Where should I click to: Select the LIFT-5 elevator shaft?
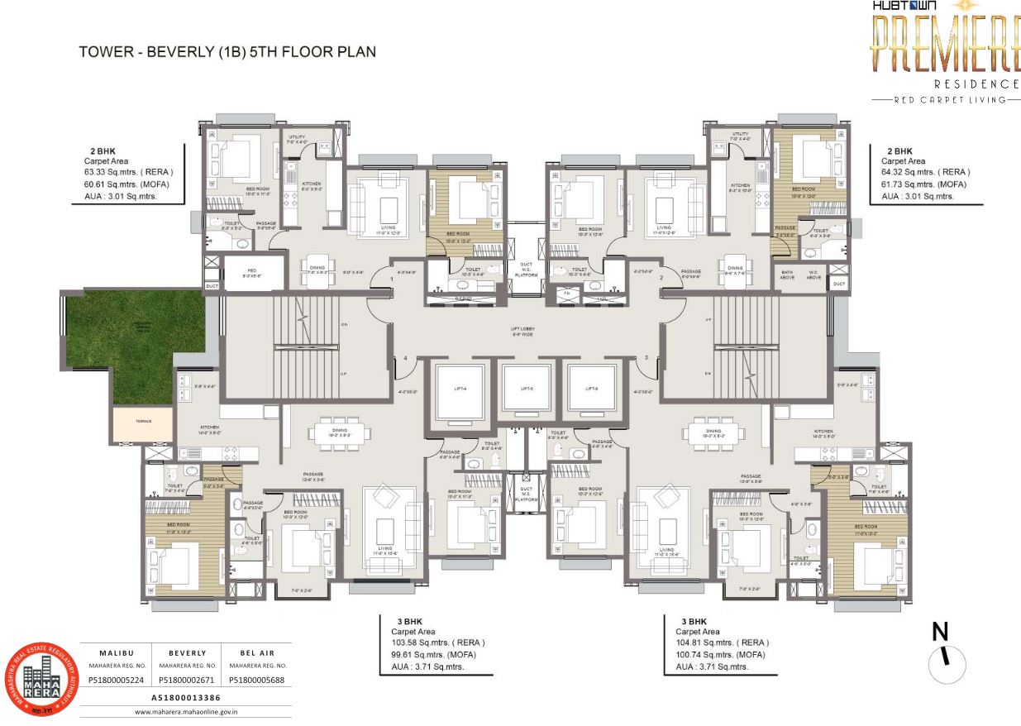(526, 388)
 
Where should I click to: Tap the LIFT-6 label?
(592, 388)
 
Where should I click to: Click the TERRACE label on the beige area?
(144, 422)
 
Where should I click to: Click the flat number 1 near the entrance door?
(392, 279)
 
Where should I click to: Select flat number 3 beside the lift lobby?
(646, 357)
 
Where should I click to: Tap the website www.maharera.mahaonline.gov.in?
(186, 710)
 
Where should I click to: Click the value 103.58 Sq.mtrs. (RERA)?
(438, 642)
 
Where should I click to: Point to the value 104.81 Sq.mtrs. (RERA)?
(722, 642)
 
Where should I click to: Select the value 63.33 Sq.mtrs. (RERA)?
(128, 173)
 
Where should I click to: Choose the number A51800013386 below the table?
(187, 697)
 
